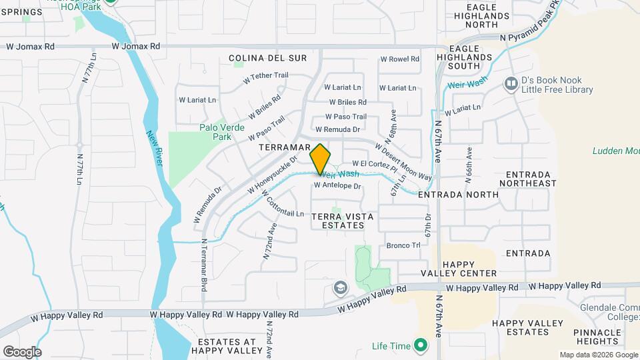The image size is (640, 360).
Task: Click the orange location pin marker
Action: point(321,159)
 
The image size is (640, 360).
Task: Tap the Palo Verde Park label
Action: point(222,132)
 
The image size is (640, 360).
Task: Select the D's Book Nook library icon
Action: point(511,83)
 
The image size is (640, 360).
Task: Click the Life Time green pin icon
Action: point(420,345)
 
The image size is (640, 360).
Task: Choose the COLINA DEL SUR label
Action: point(267,58)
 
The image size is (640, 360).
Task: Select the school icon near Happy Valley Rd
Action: point(340,288)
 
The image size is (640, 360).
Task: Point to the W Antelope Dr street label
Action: point(337,186)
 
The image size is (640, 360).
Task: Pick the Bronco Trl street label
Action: point(403,245)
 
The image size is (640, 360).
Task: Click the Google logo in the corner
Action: point(22,351)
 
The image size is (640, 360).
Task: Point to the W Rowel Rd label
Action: point(399,59)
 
